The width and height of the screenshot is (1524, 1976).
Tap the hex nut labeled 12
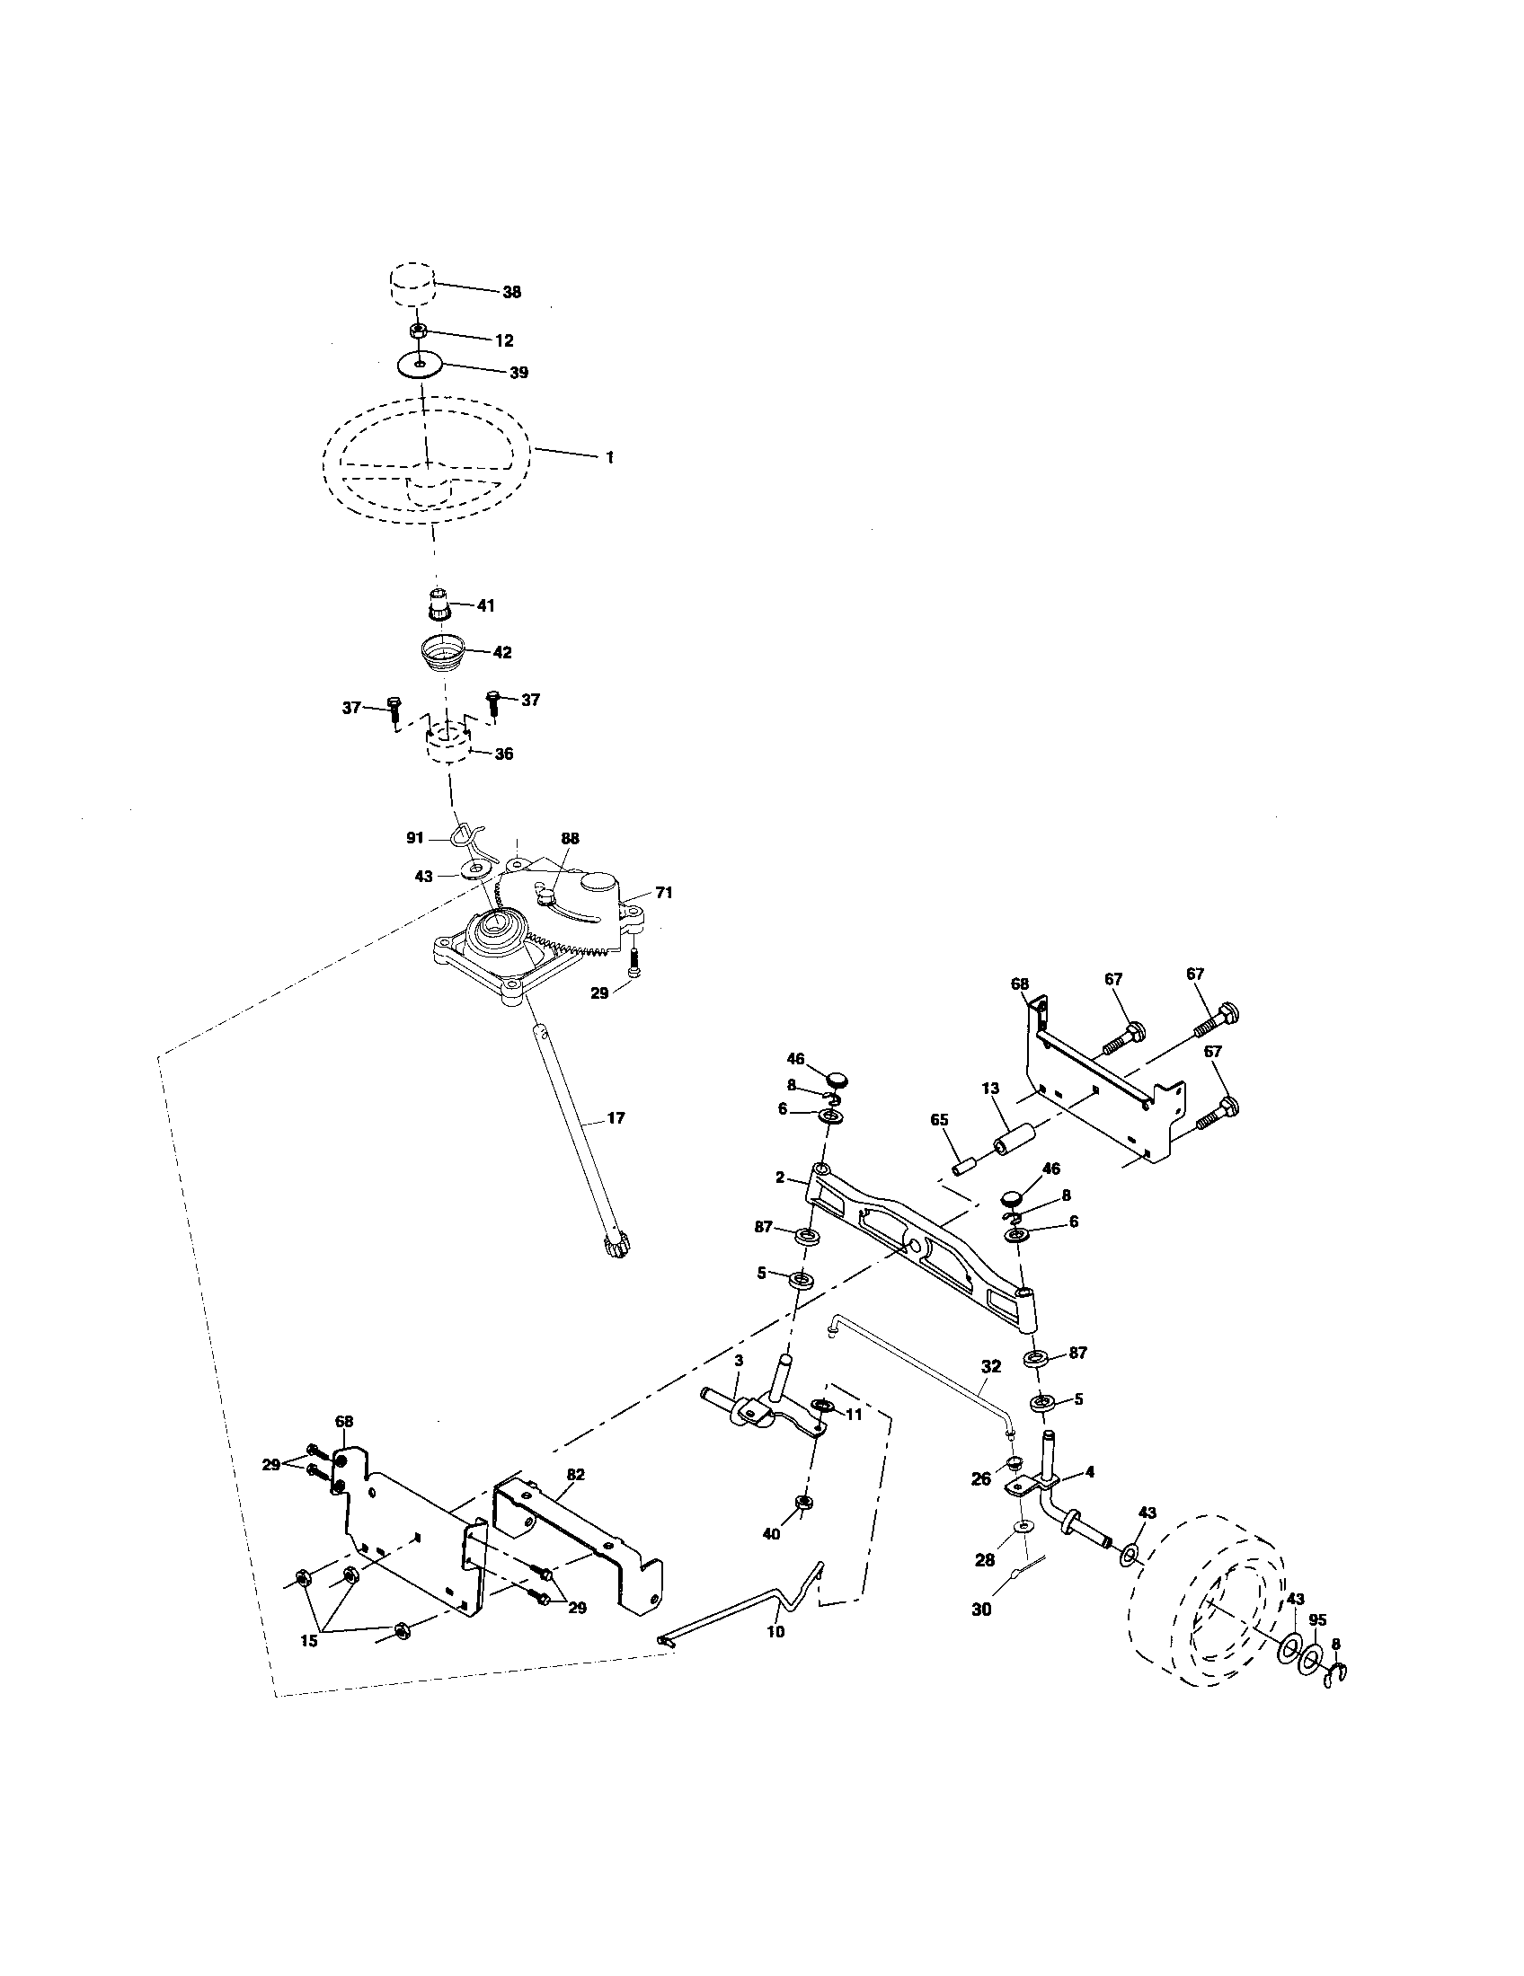click(419, 331)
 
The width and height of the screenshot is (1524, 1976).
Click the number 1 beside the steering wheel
click(610, 459)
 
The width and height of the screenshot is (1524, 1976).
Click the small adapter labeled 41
click(439, 603)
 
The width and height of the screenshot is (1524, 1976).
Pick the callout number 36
click(504, 754)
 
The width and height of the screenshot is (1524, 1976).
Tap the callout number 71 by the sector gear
click(664, 893)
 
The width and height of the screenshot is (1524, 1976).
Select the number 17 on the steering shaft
click(616, 1118)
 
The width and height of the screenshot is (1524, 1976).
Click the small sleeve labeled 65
click(964, 1161)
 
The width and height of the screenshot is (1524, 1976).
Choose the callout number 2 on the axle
click(779, 1178)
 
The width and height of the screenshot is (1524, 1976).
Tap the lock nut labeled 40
click(801, 1503)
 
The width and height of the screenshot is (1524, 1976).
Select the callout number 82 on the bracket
click(576, 1474)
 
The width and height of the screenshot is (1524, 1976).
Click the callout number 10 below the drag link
click(775, 1631)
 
